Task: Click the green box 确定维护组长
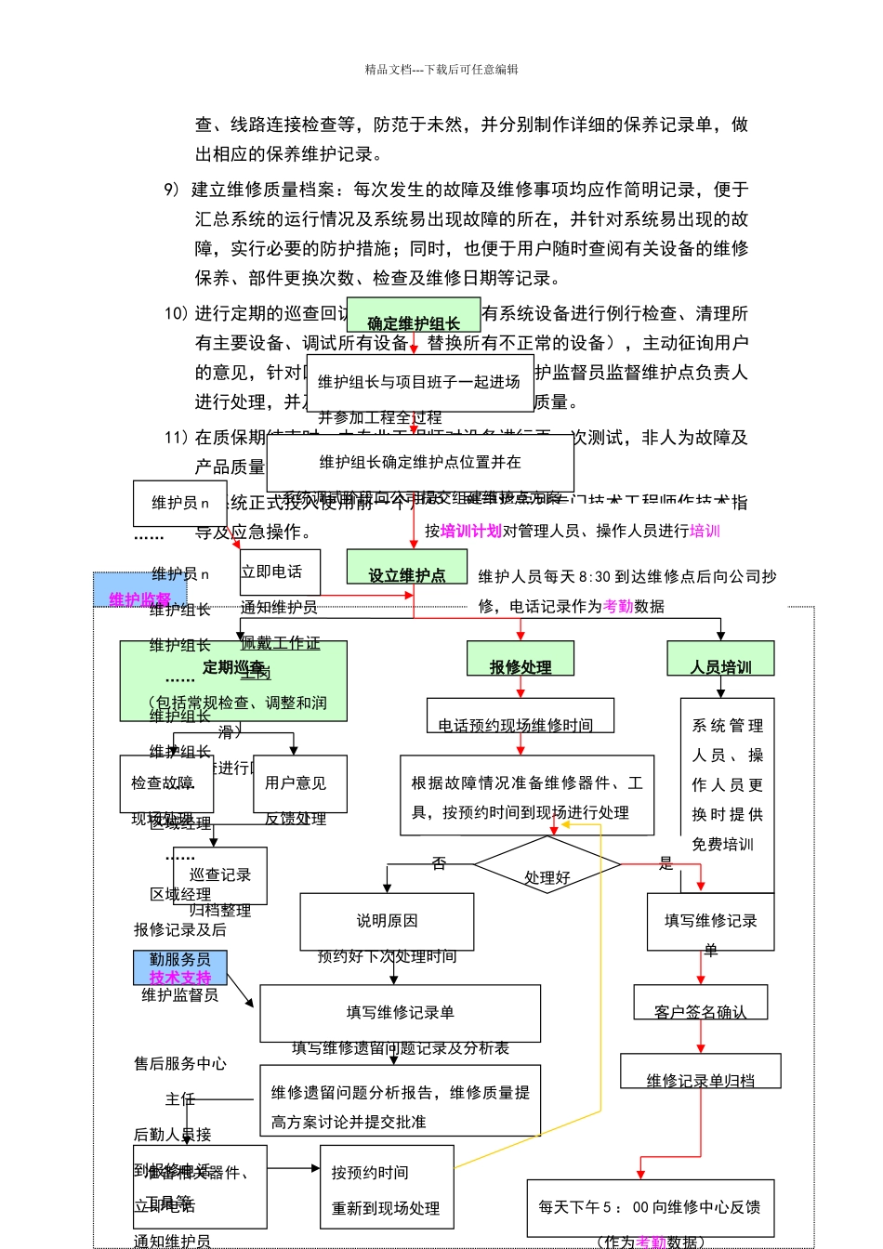coord(414,316)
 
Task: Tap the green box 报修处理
coord(520,659)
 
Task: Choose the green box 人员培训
coord(720,659)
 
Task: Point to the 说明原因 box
coord(387,921)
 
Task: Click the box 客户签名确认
coord(700,1004)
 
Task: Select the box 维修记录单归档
coord(700,1072)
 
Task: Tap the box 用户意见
coord(299,783)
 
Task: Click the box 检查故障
coord(165,783)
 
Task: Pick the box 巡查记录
coord(220,874)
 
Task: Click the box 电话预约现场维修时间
coord(521,717)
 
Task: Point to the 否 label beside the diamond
coord(439,863)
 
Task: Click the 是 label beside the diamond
coord(666,863)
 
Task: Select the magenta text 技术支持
coord(180,978)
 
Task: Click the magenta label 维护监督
coord(140,599)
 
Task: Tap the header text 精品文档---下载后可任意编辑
coord(441,70)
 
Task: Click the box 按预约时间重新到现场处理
coord(387,1190)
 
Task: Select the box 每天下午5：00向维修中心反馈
coord(650,1207)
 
